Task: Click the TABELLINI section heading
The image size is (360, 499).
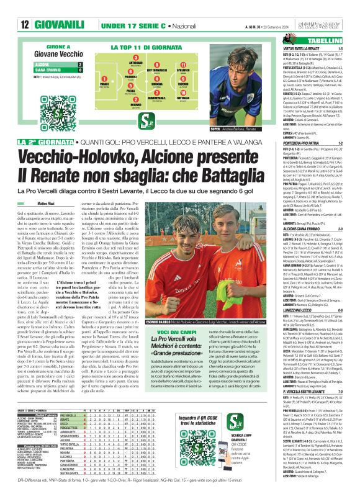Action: (x=334, y=40)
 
